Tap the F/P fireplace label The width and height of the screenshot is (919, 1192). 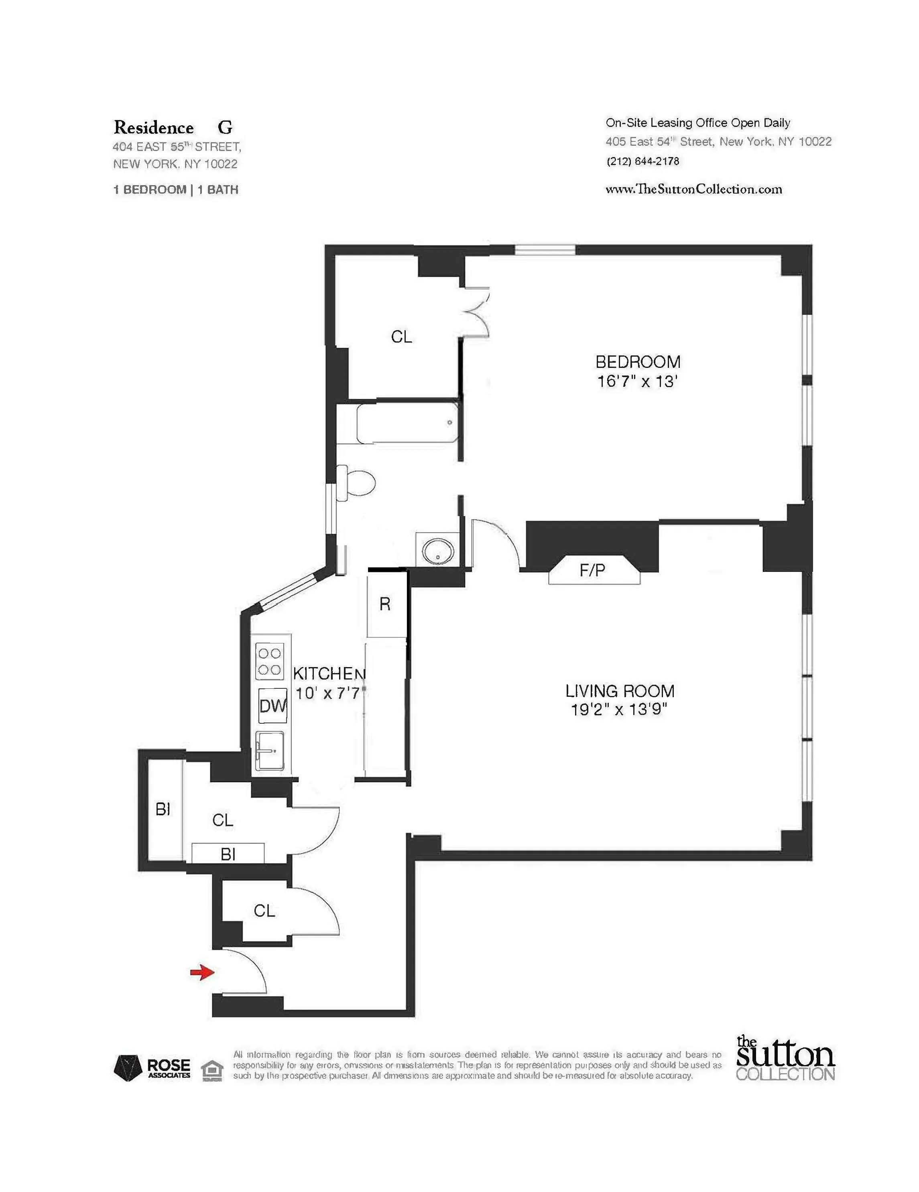point(592,570)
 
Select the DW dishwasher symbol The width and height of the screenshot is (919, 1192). point(272,706)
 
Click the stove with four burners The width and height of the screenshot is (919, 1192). point(269,661)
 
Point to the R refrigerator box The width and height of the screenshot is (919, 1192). point(385,604)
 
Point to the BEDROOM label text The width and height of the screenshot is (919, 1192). point(638,362)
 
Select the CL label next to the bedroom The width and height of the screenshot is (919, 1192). point(401,337)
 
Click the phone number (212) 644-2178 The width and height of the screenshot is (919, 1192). point(642,161)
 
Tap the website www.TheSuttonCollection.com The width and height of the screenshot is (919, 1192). point(694,190)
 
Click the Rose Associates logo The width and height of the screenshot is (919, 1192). point(152,1067)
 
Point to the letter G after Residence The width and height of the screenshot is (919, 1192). point(225,128)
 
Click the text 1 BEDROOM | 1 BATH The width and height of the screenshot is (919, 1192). point(176,190)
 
